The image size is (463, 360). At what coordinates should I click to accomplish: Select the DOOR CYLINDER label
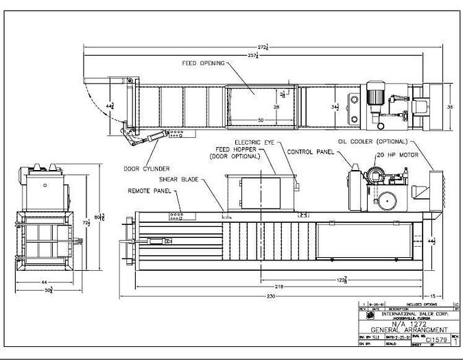[x=146, y=169]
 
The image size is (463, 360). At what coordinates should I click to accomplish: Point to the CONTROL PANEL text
[x=310, y=152]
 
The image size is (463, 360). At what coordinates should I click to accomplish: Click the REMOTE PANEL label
[x=149, y=191]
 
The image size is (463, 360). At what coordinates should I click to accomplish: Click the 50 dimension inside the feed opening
[x=261, y=120]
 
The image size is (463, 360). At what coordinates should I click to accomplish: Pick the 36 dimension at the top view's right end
[x=450, y=108]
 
